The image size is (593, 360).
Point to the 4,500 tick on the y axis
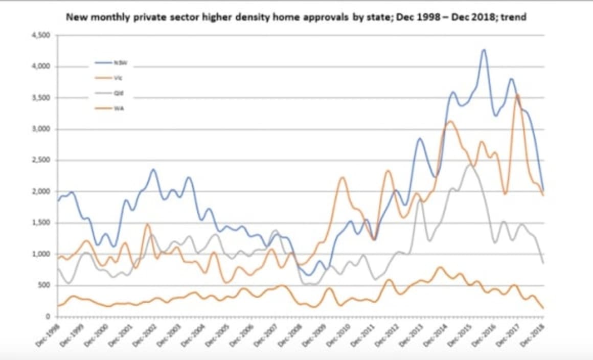pyautogui.click(x=42, y=35)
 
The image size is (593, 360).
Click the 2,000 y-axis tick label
pyautogui.click(x=42, y=192)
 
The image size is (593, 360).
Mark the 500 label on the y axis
pyautogui.click(x=45, y=285)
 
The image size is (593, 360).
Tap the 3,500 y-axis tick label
pyautogui.click(x=42, y=98)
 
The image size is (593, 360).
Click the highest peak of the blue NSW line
pyautogui.click(x=484, y=50)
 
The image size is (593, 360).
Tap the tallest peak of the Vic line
pyautogui.click(x=518, y=95)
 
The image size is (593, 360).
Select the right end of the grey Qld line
pyautogui.click(x=543, y=263)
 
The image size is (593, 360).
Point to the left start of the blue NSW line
pyautogui.click(x=58, y=200)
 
